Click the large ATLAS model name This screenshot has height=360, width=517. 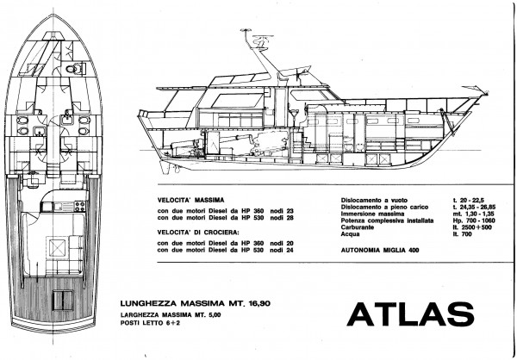coord(410,314)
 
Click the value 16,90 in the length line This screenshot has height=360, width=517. coord(258,303)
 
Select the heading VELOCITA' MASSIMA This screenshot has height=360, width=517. coord(190,200)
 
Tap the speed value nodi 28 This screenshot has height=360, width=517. coord(282,218)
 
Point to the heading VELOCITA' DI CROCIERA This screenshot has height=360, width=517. coord(198,233)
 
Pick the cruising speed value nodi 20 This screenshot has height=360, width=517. coord(282,243)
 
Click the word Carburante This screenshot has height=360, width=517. coord(358,227)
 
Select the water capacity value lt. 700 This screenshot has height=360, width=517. coord(462,234)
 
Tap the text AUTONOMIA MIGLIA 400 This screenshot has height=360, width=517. coord(380,251)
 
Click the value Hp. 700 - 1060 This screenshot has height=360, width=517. coord(474,220)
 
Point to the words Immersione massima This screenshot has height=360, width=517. coord(372,214)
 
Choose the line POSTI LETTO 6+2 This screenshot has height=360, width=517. coord(151,323)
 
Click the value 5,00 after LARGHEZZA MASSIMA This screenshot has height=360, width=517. coord(215,315)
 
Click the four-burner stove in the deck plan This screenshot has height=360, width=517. coord(80,207)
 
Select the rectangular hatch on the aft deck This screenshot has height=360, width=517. coord(63,300)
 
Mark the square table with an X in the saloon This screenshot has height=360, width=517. coord(58,247)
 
